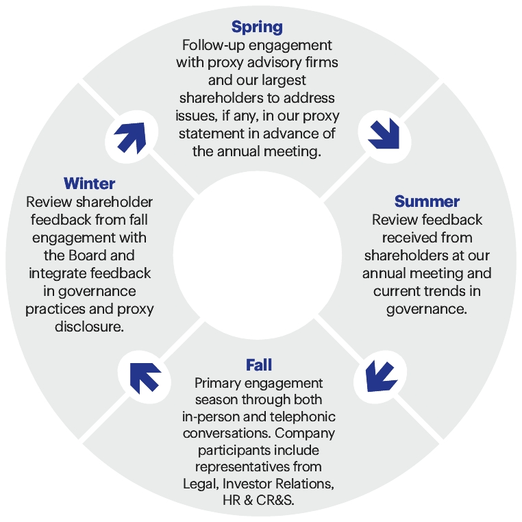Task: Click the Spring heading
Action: point(257,27)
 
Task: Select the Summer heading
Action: point(427,201)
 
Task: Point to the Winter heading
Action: point(90,184)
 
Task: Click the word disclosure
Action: point(90,326)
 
